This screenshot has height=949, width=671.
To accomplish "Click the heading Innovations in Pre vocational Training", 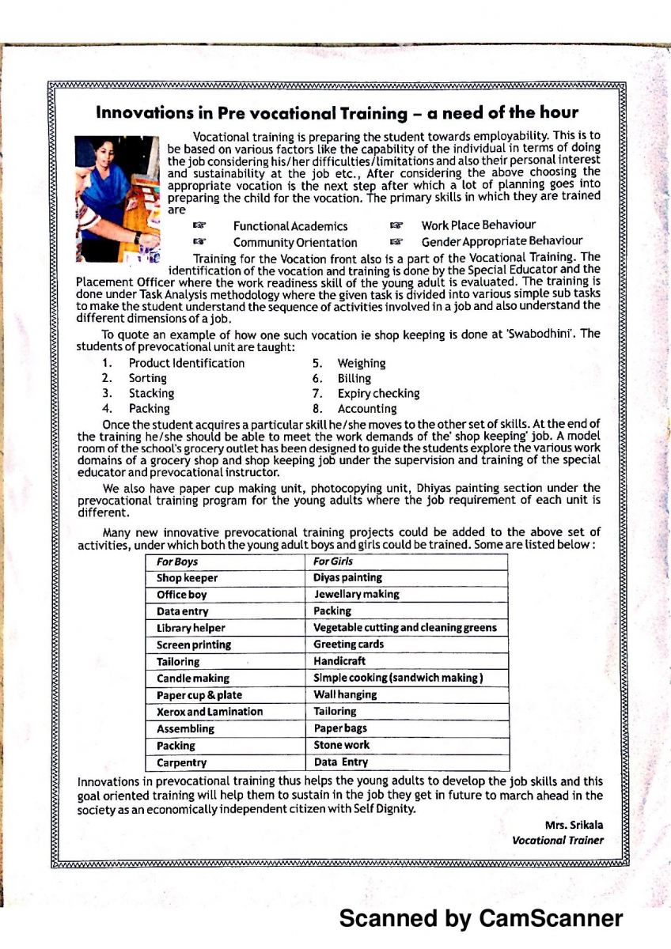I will coord(337,112).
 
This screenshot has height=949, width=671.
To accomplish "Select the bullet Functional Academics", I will coord(290,226).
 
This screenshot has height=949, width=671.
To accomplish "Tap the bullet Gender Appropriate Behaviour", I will coord(502,241).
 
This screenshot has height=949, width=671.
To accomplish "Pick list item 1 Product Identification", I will coord(186,363).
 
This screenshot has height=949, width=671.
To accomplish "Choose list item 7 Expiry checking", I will coord(378,393).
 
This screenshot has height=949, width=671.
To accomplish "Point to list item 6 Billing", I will coord(354,378).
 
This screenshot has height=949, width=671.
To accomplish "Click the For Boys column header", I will coord(177,561).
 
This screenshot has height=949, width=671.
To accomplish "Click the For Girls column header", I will coord(333,561).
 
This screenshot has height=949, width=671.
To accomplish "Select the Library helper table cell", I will coord(191,628).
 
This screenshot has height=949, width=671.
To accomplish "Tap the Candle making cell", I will coord(193,679).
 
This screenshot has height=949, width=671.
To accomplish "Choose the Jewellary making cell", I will coord(356,594).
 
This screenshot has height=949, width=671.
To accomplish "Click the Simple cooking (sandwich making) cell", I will coord(398,678).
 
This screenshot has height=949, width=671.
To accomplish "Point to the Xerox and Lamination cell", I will coord(209,712).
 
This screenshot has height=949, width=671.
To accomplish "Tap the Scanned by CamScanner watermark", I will coord(481,918).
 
